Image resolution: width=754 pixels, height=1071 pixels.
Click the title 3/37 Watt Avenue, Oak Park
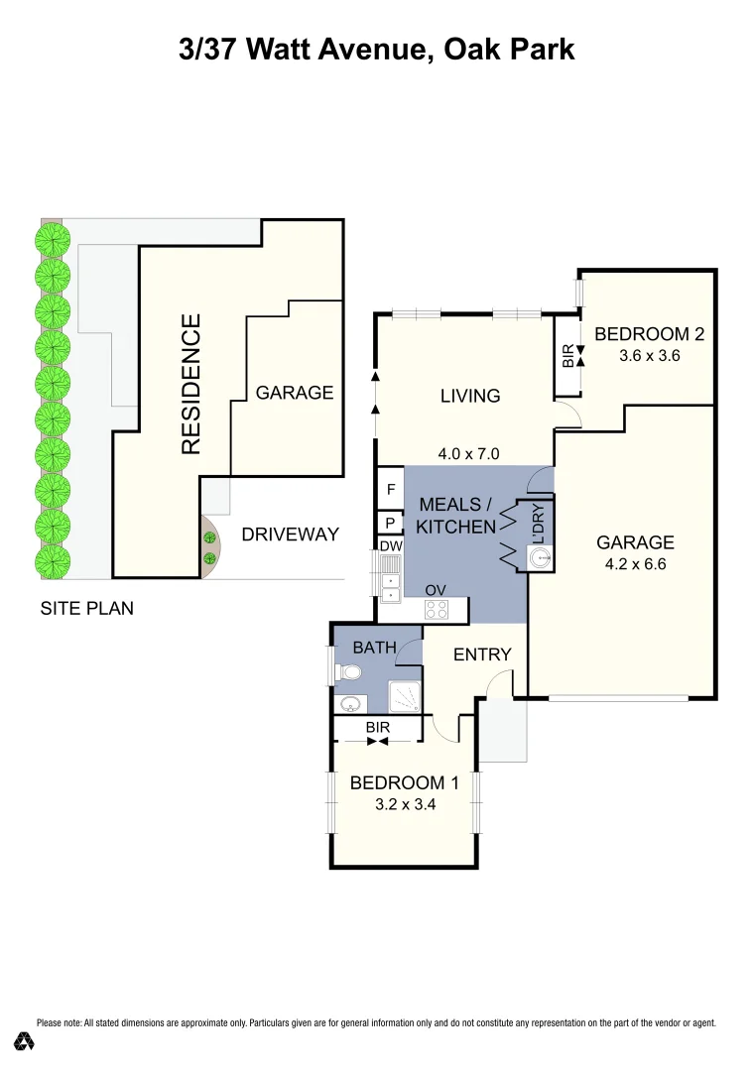[x=377, y=49]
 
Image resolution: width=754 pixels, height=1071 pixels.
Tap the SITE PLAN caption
[x=86, y=608]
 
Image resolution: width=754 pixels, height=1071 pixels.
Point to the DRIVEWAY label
[x=291, y=535]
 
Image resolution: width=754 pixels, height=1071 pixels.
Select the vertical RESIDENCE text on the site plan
[x=191, y=384]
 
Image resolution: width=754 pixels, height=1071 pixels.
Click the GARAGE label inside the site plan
[x=295, y=393]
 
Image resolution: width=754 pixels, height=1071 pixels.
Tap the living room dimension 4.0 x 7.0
[x=468, y=454]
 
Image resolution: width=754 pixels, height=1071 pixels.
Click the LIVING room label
[x=470, y=396]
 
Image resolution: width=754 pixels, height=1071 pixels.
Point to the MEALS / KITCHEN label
[x=454, y=516]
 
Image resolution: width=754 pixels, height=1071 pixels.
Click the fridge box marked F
[x=391, y=489]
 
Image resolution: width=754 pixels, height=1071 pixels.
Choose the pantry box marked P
[x=391, y=523]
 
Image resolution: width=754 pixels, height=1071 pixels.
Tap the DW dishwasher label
[x=390, y=545]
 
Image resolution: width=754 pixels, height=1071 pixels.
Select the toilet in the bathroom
[x=346, y=673]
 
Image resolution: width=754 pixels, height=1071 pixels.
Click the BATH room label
[x=374, y=648]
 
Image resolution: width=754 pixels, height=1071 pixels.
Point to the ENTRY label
[x=482, y=654]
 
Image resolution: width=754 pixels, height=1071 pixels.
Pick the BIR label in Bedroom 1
[x=377, y=727]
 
